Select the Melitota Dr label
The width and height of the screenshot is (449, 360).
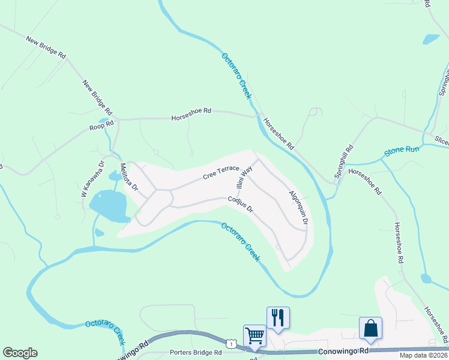129,177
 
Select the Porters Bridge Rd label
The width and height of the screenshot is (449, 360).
196,353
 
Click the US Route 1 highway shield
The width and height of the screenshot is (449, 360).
232,343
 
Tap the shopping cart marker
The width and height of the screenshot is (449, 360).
255,335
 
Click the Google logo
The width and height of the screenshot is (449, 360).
20,353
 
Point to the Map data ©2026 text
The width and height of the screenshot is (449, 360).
423,355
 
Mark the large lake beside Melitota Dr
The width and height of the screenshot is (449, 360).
109,205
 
